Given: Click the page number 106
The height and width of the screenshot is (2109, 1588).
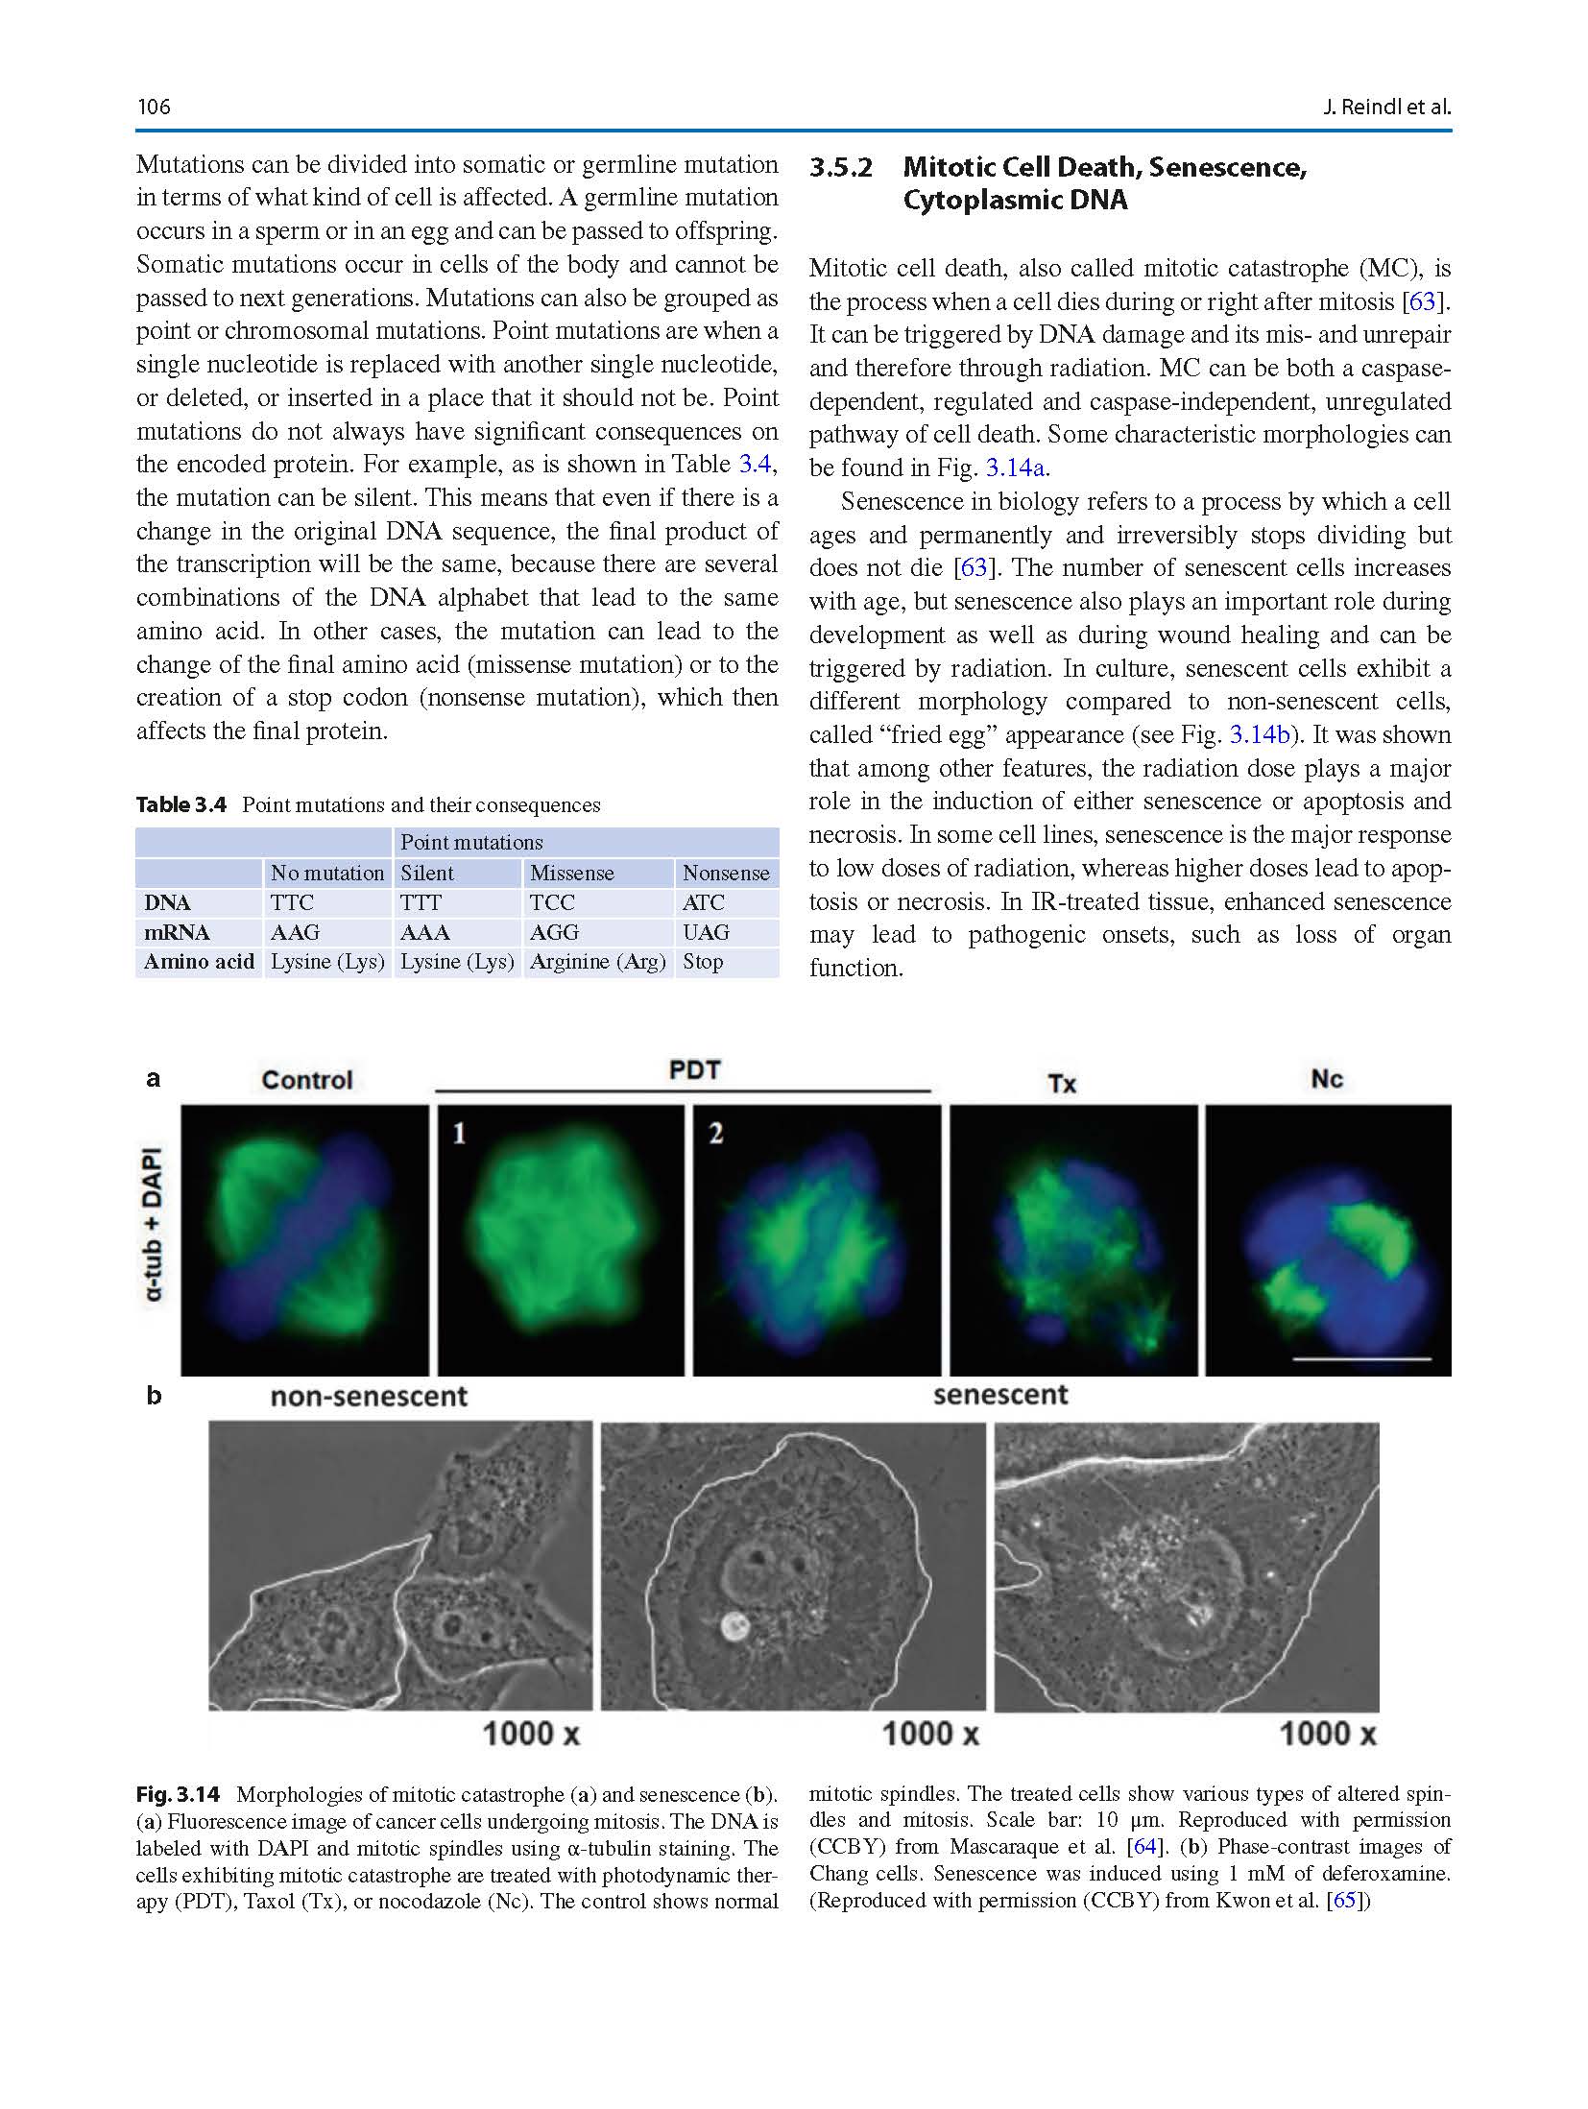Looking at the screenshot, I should click(154, 107).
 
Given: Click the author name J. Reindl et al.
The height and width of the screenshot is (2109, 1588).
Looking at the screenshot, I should click(1385, 107).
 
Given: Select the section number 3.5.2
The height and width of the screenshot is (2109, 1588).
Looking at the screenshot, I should click(840, 167).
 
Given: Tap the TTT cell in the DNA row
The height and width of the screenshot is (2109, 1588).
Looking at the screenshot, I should click(421, 902).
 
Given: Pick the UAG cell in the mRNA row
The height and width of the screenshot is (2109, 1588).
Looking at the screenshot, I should click(706, 932).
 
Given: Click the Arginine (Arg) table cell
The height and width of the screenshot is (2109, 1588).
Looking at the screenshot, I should click(597, 962).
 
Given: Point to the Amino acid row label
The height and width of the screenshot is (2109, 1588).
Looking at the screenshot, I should click(199, 962).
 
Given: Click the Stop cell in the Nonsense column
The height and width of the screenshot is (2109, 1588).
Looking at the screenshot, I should click(703, 962).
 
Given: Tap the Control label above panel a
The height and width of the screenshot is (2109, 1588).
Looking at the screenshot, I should click(307, 1080).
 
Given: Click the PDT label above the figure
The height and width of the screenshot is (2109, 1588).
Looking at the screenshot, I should click(694, 1070).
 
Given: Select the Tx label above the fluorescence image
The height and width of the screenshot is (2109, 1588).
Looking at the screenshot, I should click(1062, 1084).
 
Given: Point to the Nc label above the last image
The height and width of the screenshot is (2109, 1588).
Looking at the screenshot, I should click(1326, 1080).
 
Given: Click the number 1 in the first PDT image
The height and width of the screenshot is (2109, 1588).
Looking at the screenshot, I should click(460, 1134).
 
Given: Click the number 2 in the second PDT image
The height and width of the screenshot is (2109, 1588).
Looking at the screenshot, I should click(715, 1134).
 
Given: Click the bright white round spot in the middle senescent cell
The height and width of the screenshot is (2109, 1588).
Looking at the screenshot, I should click(735, 1625).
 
